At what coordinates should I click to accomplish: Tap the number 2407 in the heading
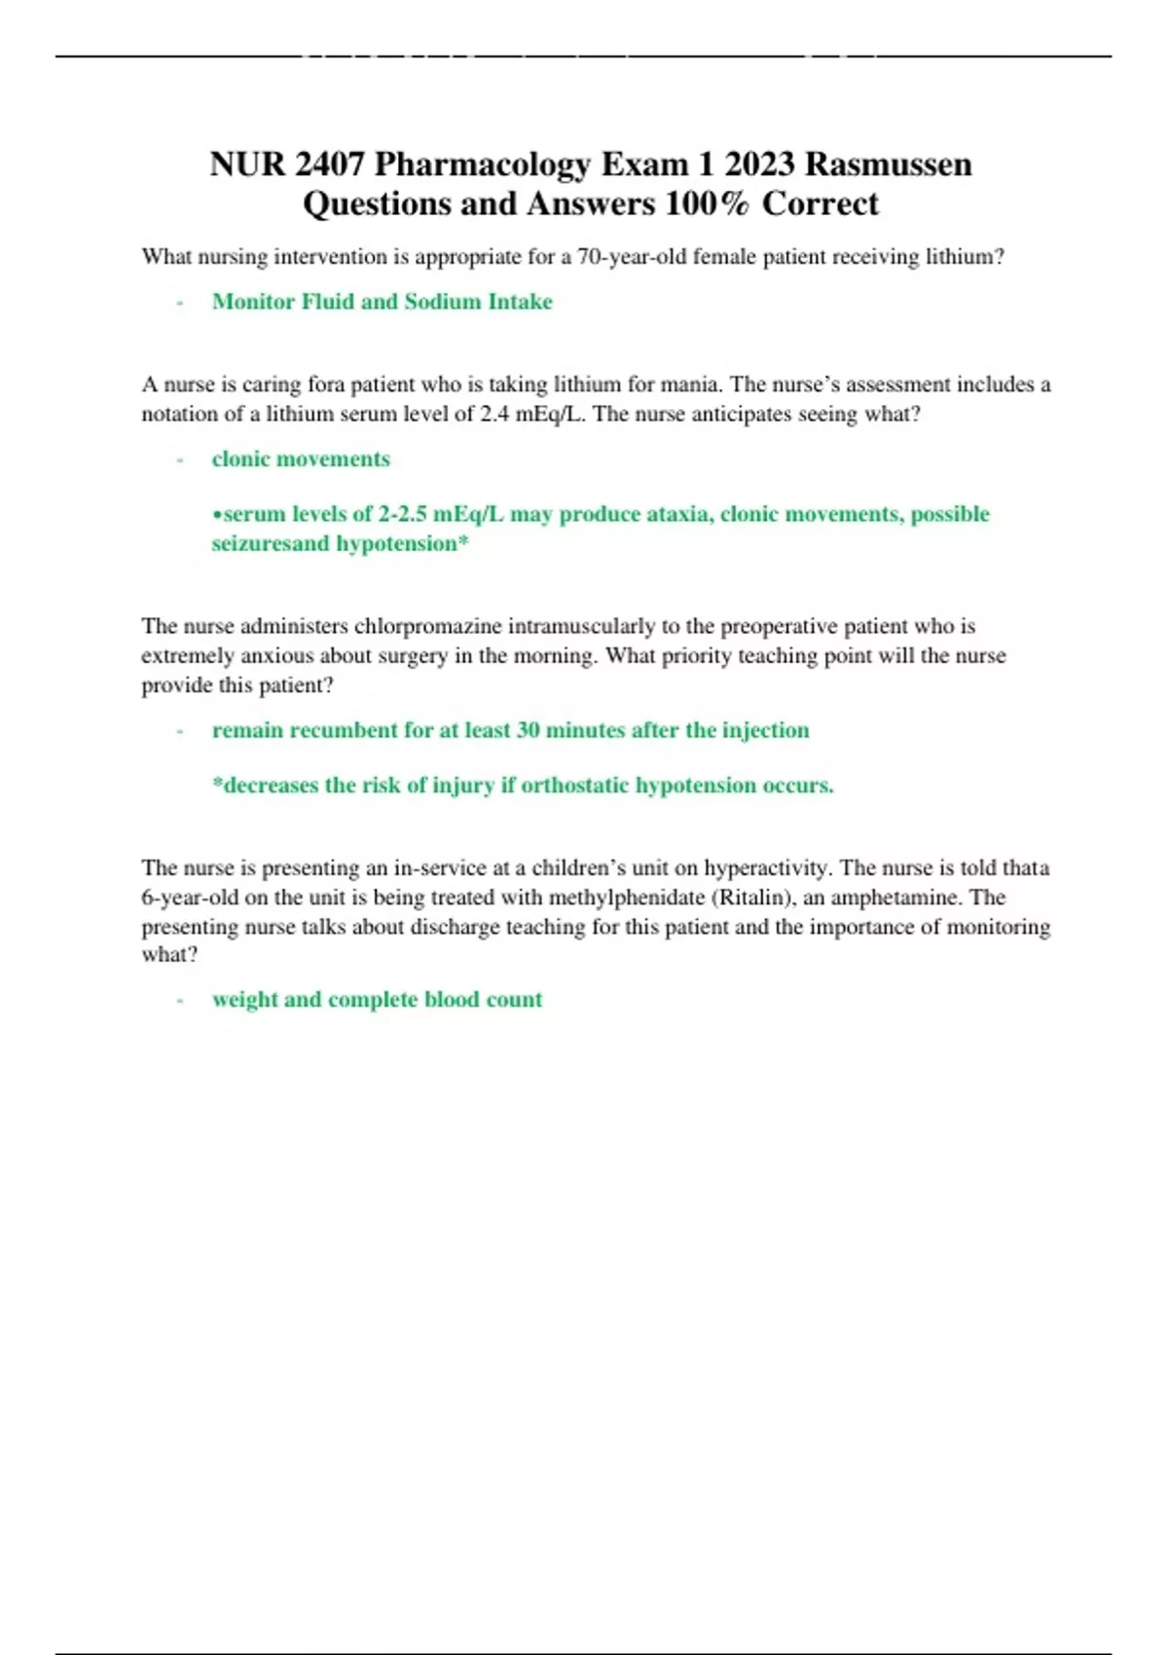[329, 165]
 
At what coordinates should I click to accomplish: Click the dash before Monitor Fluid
[180, 303]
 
